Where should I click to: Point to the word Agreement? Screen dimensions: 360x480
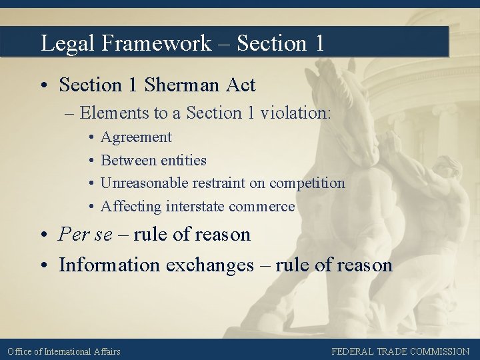click(x=136, y=137)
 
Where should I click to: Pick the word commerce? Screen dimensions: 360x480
click(x=262, y=207)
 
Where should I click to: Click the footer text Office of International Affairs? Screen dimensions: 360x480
click(x=64, y=351)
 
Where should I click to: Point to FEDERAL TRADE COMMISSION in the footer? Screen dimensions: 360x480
click(x=400, y=351)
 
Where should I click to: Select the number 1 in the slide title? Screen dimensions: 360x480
click(x=318, y=43)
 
